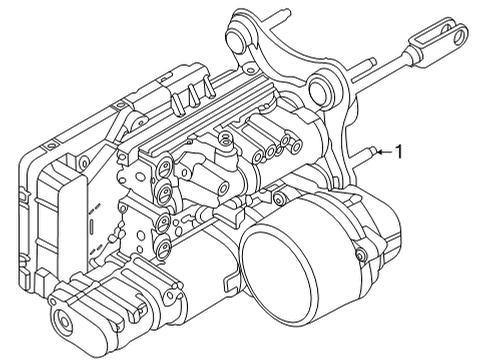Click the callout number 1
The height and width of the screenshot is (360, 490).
(x=399, y=153)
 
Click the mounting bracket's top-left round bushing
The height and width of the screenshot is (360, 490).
(x=237, y=43)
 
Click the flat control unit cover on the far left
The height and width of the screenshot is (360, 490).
(x=55, y=200)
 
